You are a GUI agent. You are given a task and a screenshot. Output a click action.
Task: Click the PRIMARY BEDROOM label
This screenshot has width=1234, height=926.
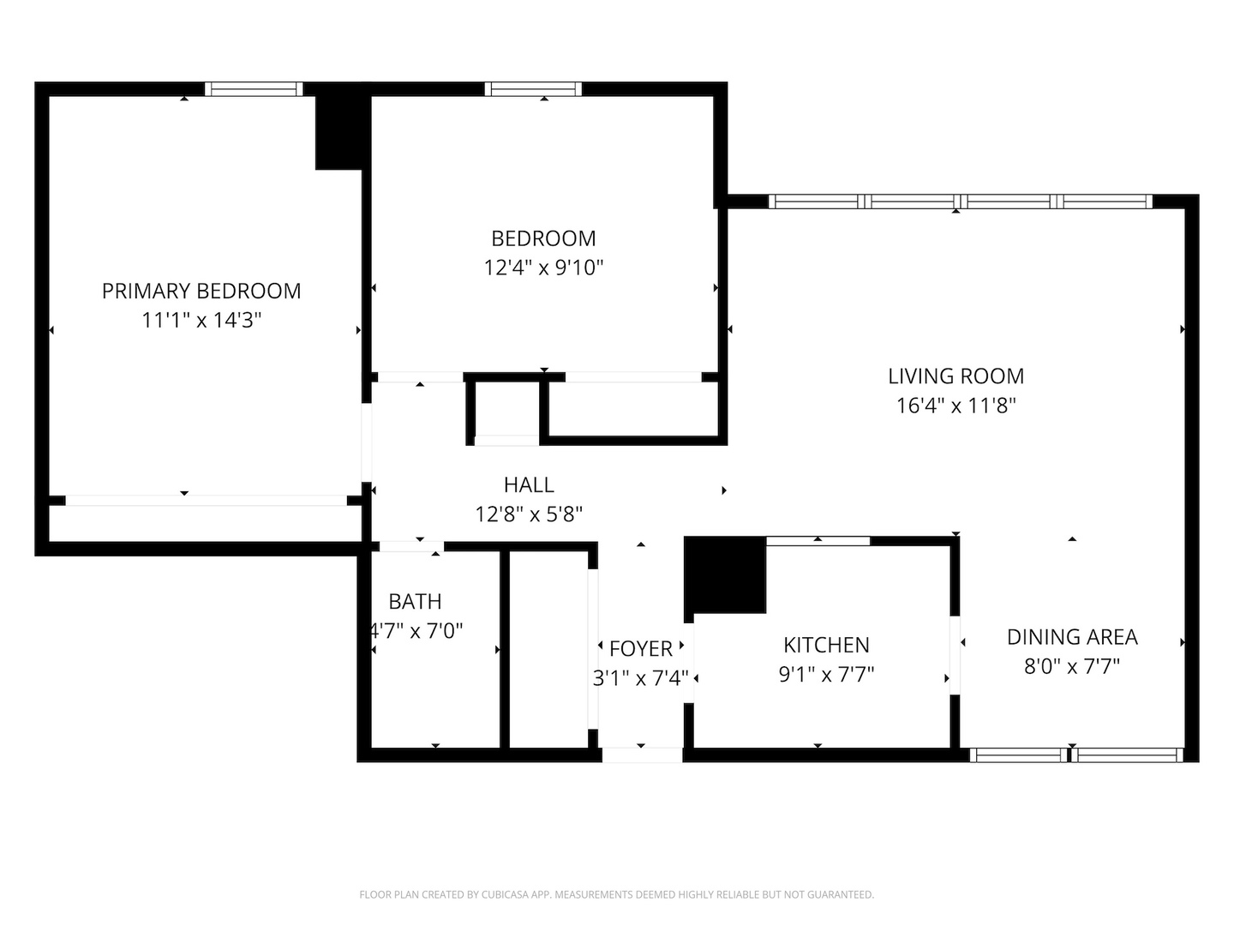click(201, 292)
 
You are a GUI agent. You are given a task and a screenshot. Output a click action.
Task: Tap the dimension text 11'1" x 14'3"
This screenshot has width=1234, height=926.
click(201, 321)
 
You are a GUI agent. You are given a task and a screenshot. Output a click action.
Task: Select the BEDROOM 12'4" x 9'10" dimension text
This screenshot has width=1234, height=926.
click(543, 268)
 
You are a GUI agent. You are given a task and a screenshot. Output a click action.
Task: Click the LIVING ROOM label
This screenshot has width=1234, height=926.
click(955, 376)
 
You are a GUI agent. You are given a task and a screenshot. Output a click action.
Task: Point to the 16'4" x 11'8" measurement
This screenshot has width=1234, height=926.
click(955, 406)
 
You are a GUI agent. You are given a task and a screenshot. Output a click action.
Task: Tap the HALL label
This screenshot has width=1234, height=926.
click(529, 485)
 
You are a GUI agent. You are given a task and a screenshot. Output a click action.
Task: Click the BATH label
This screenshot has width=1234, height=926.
click(415, 602)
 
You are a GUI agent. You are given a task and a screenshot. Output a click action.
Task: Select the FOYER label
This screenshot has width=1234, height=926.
click(640, 649)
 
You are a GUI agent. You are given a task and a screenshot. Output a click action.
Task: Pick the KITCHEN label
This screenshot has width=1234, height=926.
click(826, 645)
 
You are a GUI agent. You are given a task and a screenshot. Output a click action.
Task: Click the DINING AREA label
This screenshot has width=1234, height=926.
click(1072, 637)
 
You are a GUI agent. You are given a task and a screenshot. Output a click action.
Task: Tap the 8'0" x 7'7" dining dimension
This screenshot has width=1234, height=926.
click(1072, 666)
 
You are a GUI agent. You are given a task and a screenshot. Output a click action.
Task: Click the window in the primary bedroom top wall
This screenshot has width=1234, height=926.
click(254, 88)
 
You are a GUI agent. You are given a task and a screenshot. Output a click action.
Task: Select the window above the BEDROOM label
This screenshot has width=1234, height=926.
click(533, 88)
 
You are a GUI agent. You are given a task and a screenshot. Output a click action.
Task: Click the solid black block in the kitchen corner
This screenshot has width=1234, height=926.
click(725, 574)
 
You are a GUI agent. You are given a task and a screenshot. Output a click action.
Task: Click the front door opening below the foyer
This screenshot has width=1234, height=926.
click(642, 755)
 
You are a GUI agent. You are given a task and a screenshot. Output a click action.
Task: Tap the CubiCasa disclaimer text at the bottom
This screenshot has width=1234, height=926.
click(616, 894)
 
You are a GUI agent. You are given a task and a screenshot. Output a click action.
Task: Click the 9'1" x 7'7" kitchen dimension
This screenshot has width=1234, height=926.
click(826, 675)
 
